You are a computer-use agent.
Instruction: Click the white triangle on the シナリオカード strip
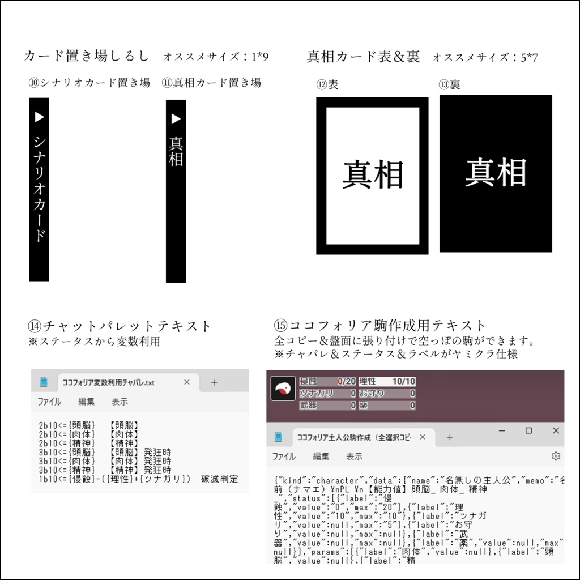click(x=39, y=117)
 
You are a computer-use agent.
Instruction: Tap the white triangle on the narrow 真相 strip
click(x=176, y=118)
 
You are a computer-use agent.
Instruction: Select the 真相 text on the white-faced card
click(x=373, y=174)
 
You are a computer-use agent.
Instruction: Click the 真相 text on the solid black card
click(x=496, y=173)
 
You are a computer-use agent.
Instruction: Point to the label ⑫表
click(x=327, y=84)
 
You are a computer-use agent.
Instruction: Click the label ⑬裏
click(x=449, y=84)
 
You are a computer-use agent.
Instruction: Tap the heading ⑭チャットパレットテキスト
click(x=120, y=326)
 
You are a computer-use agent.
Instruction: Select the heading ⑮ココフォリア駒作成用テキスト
click(x=380, y=326)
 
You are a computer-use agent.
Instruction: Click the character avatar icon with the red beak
click(x=283, y=389)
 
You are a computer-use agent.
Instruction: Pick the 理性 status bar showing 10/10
click(x=387, y=382)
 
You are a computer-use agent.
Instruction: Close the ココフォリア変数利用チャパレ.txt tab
click(x=186, y=382)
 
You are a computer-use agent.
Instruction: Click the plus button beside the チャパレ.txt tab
click(x=214, y=382)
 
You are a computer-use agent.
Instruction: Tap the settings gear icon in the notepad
click(x=556, y=456)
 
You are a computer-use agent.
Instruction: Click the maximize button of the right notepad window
click(x=528, y=431)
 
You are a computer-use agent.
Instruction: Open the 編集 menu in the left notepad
click(x=87, y=402)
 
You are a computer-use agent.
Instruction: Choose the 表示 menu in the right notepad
click(x=355, y=456)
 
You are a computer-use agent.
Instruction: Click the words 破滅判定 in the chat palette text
click(x=220, y=479)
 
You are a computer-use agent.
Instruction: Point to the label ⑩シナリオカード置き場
click(x=89, y=83)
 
